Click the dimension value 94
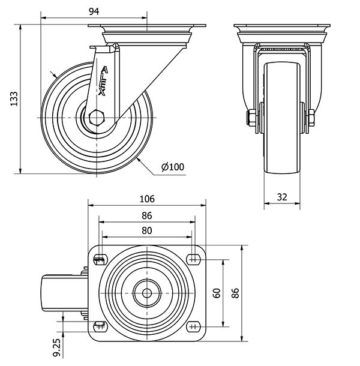(x=94, y=10)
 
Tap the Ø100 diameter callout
(x=173, y=167)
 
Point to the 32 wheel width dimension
(x=283, y=196)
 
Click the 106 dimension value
(x=148, y=199)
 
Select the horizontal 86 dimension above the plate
(x=146, y=215)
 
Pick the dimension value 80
(x=146, y=230)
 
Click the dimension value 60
(x=217, y=293)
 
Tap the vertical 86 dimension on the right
(x=236, y=293)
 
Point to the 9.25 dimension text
(x=56, y=344)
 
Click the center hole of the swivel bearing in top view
(x=147, y=293)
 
